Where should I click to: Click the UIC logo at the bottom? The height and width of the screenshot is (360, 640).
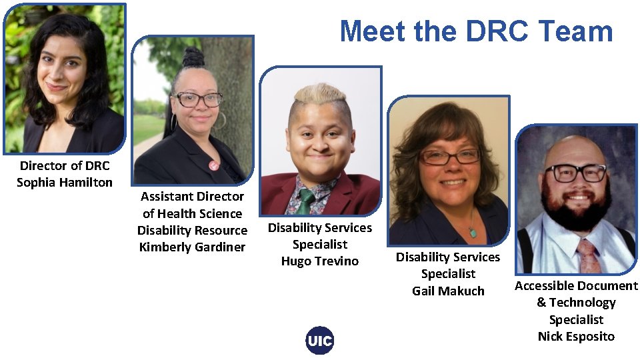pyautogui.click(x=320, y=341)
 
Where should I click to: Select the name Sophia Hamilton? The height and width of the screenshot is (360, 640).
pyautogui.click(x=65, y=182)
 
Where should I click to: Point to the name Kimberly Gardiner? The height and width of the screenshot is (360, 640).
pyautogui.click(x=192, y=247)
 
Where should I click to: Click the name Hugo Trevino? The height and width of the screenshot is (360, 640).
pyautogui.click(x=320, y=261)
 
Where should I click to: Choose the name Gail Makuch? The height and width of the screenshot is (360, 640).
pyautogui.click(x=448, y=291)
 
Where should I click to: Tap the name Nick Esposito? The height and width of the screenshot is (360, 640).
pyautogui.click(x=576, y=337)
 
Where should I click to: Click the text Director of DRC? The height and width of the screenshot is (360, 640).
pyautogui.click(x=65, y=165)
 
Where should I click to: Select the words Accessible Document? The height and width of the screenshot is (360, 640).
pyautogui.click(x=576, y=286)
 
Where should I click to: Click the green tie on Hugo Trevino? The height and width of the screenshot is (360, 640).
pyautogui.click(x=307, y=201)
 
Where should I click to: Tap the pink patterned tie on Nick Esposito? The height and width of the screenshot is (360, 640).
pyautogui.click(x=589, y=257)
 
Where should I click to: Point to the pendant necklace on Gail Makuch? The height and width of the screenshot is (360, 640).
pyautogui.click(x=473, y=232)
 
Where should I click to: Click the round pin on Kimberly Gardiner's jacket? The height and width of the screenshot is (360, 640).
pyautogui.click(x=213, y=165)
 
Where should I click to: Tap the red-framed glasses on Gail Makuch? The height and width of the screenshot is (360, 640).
pyautogui.click(x=449, y=157)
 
